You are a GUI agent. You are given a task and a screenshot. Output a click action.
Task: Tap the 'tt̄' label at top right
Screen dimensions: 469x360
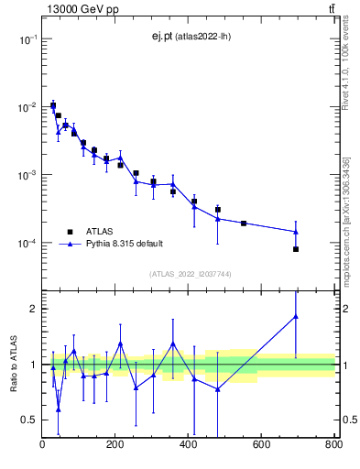(x=332, y=9)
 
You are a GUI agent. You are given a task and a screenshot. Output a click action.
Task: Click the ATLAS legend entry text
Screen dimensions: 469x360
(x=101, y=232)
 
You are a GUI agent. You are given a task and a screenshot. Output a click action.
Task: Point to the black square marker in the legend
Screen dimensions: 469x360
(x=68, y=232)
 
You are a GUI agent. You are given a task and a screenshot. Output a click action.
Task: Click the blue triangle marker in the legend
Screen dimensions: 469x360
(x=68, y=245)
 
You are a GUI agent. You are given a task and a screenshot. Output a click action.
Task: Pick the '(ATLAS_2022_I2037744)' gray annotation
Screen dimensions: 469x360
(x=189, y=274)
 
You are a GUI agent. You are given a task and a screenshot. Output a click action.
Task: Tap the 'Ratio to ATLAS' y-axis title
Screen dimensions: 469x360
(x=14, y=365)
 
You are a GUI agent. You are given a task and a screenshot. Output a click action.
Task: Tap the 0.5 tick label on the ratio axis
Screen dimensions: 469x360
(x=29, y=420)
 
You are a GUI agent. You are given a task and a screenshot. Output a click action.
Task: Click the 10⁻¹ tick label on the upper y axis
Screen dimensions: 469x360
(x=27, y=39)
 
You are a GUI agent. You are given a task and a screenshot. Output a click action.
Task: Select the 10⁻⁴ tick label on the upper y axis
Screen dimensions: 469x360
(x=27, y=244)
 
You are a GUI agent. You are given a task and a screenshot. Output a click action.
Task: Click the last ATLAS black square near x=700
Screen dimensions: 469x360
(x=296, y=249)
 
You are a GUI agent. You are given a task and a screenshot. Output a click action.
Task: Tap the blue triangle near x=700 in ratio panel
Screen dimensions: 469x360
(x=296, y=317)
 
